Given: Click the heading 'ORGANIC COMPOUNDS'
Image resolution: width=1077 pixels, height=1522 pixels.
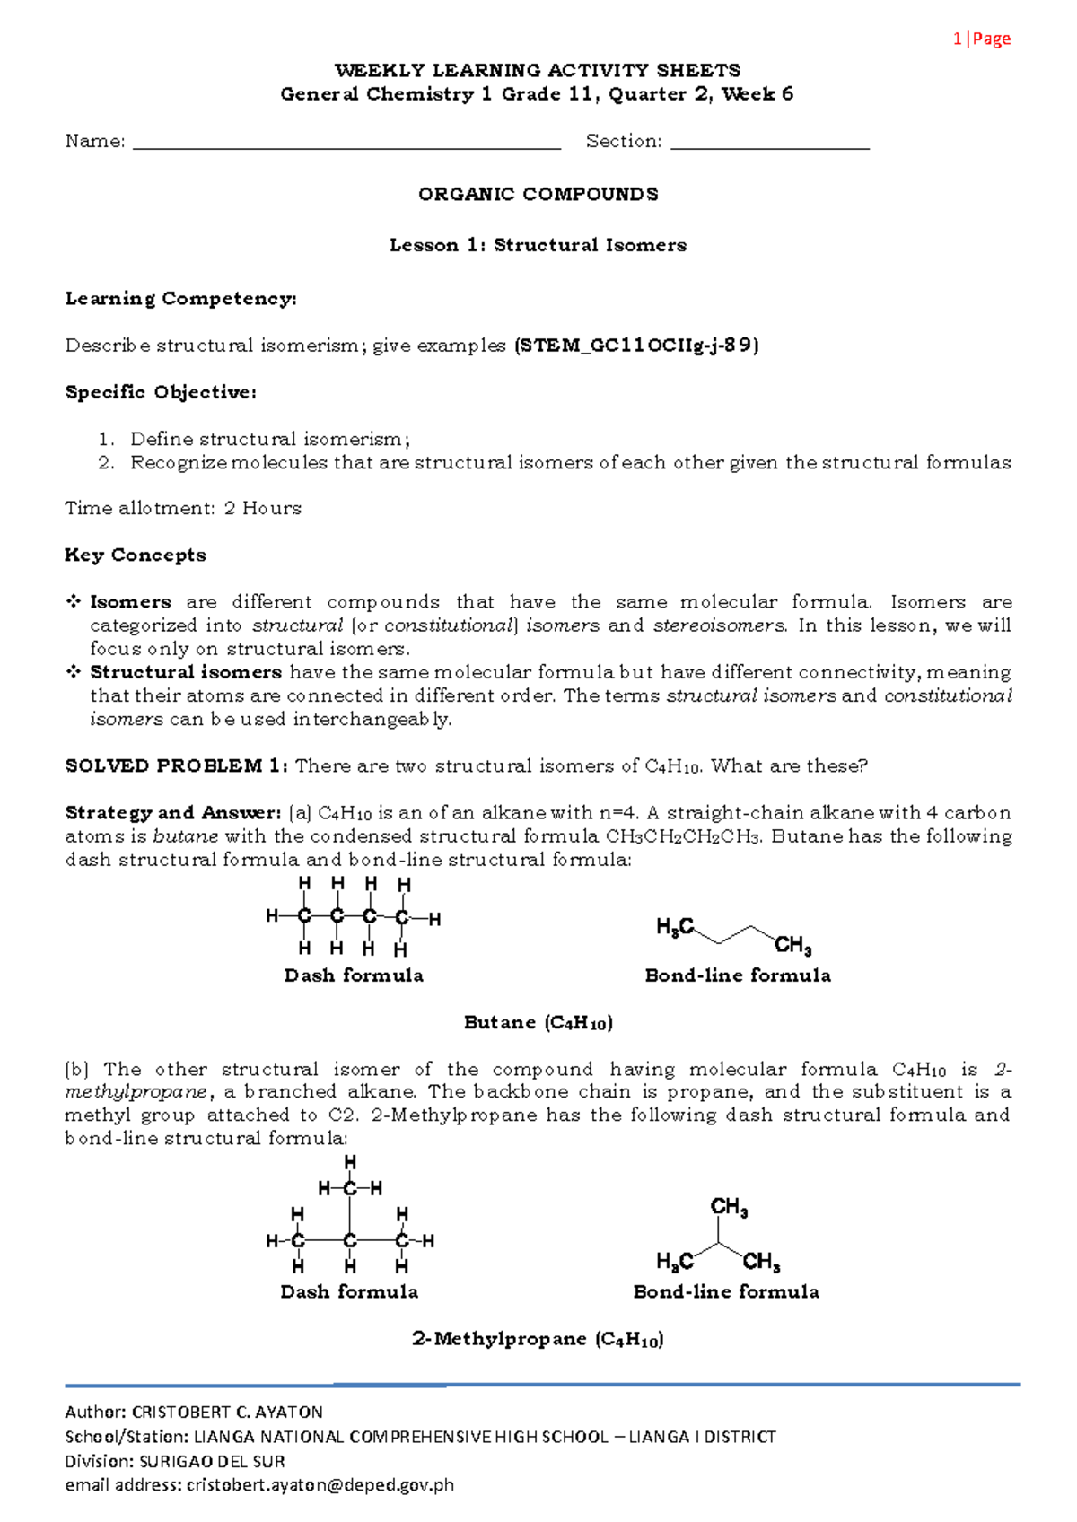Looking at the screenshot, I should (x=538, y=195).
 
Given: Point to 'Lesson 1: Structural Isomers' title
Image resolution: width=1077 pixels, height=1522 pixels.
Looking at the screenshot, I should (x=538, y=245).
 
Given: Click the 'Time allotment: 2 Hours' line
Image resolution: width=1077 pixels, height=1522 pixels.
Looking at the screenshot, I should (x=183, y=509).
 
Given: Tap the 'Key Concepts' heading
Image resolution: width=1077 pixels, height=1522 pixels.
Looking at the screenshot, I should (x=136, y=555).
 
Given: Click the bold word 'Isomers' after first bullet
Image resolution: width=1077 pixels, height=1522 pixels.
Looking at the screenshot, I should (x=130, y=602).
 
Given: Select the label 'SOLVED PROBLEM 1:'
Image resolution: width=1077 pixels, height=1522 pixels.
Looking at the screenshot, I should (x=176, y=766).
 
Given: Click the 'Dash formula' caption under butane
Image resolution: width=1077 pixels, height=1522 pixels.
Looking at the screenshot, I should (x=354, y=975).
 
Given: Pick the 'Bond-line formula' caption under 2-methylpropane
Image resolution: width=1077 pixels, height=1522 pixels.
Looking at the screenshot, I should (x=726, y=1292).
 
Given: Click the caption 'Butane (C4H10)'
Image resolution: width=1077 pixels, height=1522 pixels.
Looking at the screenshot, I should (x=538, y=1023).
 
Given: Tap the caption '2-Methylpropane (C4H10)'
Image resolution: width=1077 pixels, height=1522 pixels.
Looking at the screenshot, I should (x=538, y=1340).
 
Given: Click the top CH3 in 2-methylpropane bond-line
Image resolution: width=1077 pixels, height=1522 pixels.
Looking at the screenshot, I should (x=729, y=1208).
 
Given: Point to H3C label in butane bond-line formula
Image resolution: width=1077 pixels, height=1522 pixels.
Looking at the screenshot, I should (x=675, y=927).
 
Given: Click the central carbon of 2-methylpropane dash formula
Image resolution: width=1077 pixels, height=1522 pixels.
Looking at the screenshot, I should (x=350, y=1241).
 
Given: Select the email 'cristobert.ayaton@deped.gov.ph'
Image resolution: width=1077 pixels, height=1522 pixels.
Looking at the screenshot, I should (x=320, y=1485).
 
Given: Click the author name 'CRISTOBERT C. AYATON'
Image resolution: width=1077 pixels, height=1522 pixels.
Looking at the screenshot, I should (x=227, y=1412).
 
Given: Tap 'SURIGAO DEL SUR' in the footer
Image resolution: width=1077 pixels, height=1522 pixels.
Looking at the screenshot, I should (x=212, y=1461).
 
